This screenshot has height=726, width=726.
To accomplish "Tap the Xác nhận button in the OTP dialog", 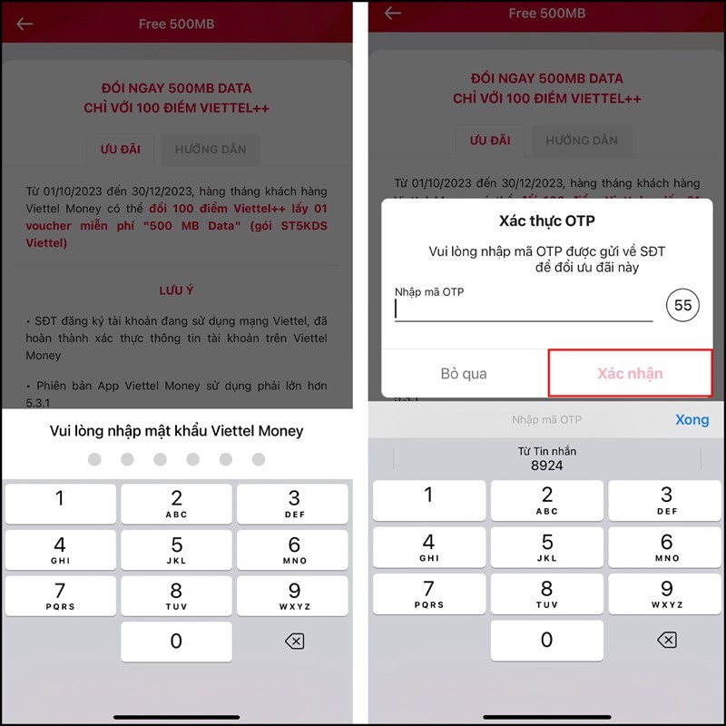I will [630, 373].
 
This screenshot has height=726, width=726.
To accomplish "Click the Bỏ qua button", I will [464, 373].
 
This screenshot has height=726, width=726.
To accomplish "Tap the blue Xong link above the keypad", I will [692, 419].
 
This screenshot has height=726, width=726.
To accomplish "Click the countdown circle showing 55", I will [682, 306].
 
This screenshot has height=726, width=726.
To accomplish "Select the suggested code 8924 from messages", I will [546, 459].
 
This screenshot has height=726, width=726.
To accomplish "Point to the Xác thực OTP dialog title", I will [546, 221].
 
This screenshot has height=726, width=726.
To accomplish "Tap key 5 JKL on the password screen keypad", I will [176, 549].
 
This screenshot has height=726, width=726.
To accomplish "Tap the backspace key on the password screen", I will [294, 642].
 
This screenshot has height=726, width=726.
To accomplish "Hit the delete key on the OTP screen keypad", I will [666, 640].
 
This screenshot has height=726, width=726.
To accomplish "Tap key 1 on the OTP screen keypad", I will [428, 500].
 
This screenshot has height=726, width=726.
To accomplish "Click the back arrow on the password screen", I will [25, 24].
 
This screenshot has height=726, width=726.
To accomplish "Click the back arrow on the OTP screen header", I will [393, 13].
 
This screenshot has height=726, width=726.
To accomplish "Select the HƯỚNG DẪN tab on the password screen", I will [211, 150].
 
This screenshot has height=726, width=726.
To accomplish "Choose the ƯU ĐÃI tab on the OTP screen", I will [490, 141].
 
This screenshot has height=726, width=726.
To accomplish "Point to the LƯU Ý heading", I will [176, 290].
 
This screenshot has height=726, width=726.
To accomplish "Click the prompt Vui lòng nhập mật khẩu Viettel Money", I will [176, 430].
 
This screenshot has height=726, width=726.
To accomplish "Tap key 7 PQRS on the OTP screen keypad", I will [428, 593].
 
